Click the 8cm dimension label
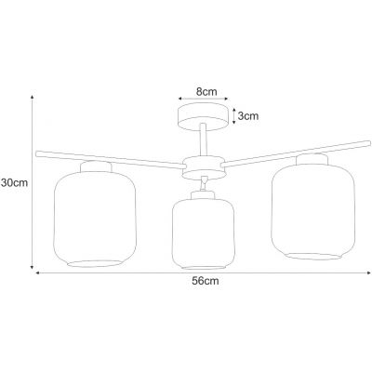(x=206, y=92)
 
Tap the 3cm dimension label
(x=248, y=116)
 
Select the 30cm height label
(x=14, y=183)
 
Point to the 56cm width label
(x=206, y=281)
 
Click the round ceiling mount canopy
(x=203, y=117)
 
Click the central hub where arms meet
(x=203, y=167)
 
